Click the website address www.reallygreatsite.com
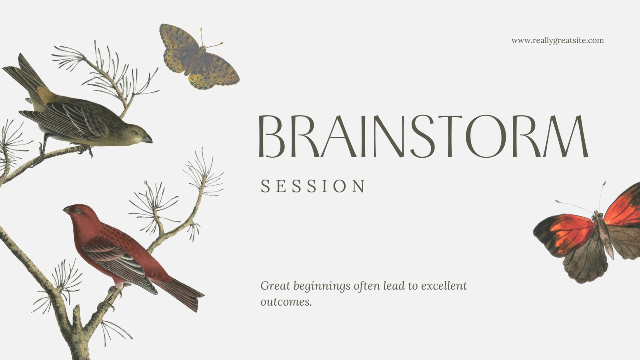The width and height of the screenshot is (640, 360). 558,40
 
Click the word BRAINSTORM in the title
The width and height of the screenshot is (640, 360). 424,136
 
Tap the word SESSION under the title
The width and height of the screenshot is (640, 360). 313,186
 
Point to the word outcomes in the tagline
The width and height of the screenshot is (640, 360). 286,302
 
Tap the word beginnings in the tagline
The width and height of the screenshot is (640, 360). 322,286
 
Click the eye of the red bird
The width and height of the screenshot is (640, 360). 78,211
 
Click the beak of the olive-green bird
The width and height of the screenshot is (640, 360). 147,139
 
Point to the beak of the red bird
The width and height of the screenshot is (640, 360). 67,210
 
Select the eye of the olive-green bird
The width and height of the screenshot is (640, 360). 137,133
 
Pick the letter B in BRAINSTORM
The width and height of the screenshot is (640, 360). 272,136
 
